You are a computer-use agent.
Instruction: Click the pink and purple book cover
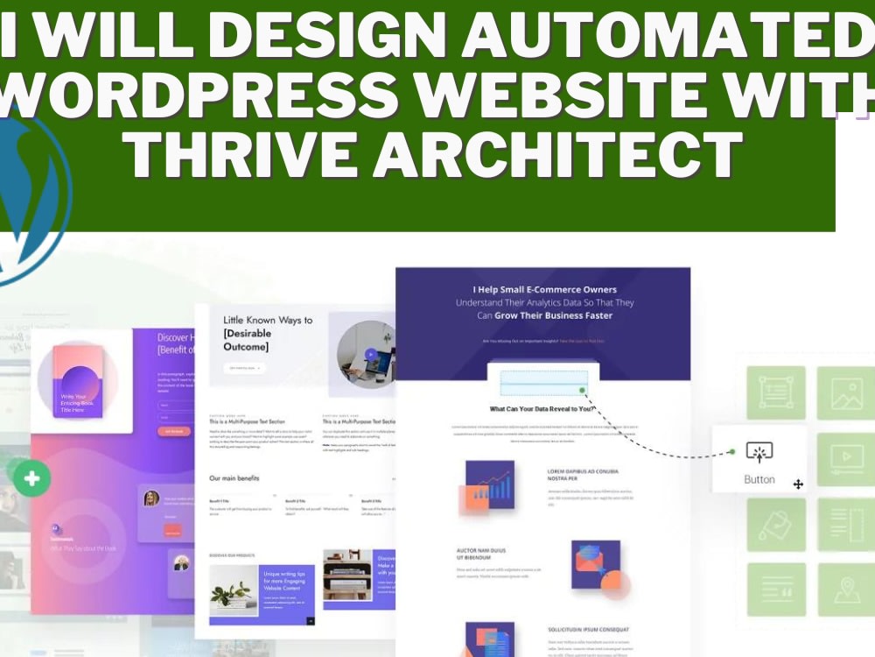78,380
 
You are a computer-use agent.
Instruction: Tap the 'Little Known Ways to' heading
268,320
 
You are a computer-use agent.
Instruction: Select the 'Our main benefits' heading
234,478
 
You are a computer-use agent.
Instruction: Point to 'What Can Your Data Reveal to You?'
542,409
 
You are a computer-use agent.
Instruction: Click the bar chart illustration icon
490,486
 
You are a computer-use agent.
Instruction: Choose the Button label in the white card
759,479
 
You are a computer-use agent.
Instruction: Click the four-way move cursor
798,484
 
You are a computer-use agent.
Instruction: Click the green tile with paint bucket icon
776,524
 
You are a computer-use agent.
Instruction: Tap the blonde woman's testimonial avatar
151,498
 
